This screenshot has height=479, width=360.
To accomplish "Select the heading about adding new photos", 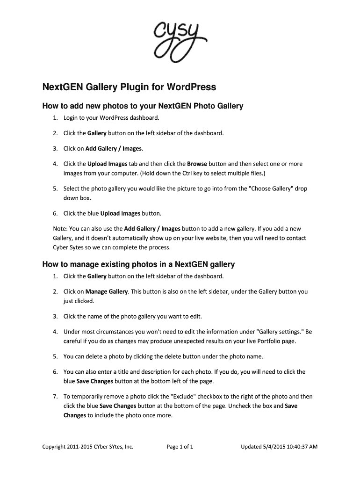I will tap(143, 106).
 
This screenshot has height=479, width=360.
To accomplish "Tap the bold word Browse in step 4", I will tap(197, 164).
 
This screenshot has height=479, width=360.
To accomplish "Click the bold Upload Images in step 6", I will tap(120, 214).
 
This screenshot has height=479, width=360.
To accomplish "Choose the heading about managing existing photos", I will tap(138, 265).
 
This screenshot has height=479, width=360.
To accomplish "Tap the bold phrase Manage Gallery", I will tap(107, 291).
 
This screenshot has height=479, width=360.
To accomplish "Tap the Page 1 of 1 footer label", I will tap(180, 447).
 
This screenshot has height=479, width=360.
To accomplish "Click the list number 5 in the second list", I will tap(55, 356).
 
